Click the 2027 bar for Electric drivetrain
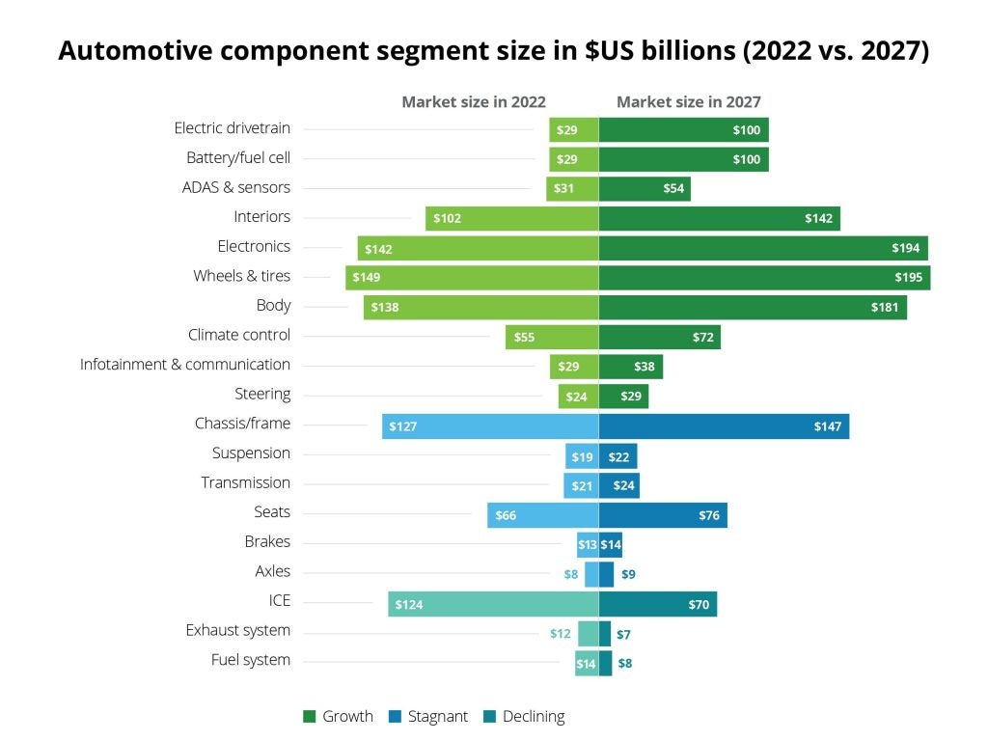pyautogui.click(x=683, y=130)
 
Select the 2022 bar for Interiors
pyautogui.click(x=511, y=218)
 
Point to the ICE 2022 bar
pyautogui.click(x=493, y=604)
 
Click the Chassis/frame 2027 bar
pyautogui.click(x=724, y=425)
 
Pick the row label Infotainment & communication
pyautogui.click(x=184, y=365)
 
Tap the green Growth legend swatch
pyautogui.click(x=310, y=717)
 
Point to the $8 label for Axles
pyautogui.click(x=571, y=574)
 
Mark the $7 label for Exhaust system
pyautogui.click(x=624, y=634)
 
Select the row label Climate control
pyautogui.click(x=239, y=335)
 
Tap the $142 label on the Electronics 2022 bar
pyautogui.click(x=379, y=249)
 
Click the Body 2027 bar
pyautogui.click(x=753, y=308)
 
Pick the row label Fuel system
pyautogui.click(x=251, y=660)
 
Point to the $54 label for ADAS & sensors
pyautogui.click(x=673, y=189)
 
